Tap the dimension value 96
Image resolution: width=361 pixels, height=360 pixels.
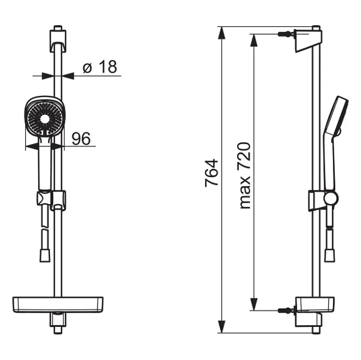82,139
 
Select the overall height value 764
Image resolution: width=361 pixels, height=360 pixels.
211,173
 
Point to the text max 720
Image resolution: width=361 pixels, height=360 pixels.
244,175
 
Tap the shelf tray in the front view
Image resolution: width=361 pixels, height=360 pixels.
57,304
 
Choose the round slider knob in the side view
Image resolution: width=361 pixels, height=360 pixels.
331,198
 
